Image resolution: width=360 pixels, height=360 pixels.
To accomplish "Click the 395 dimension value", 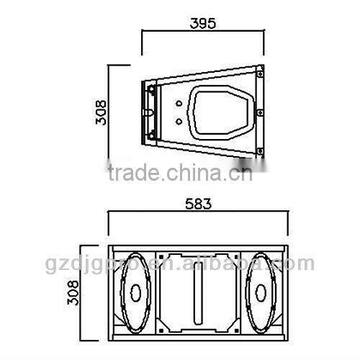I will [x=202, y=23].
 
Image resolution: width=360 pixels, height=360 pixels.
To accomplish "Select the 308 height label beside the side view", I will [x=102, y=112].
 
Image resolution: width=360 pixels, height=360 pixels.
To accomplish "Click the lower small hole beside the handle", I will [x=177, y=122].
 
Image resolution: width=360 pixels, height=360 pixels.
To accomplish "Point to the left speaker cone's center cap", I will [x=134, y=293].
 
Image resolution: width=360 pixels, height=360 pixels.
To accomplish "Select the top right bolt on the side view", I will [x=258, y=71].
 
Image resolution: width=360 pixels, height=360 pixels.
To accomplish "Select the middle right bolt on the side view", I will [x=258, y=112].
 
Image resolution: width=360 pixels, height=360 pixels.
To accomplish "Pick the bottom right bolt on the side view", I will [x=258, y=151].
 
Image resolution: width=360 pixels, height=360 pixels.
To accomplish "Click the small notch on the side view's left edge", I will [x=148, y=113].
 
